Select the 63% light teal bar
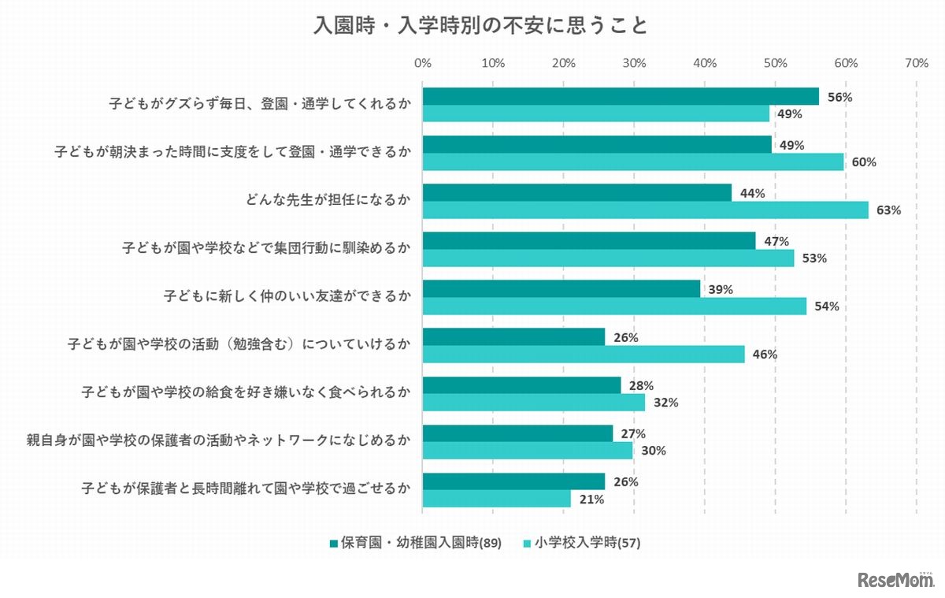click(x=645, y=210)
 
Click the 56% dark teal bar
click(x=621, y=97)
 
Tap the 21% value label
click(x=592, y=499)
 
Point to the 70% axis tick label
click(x=916, y=63)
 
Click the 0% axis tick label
click(x=422, y=63)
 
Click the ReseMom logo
click(x=895, y=579)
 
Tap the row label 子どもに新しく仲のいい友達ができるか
click(x=287, y=296)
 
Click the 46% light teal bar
click(x=584, y=355)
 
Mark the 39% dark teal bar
click(x=561, y=289)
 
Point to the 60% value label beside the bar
click(x=864, y=162)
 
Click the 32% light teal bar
click(x=533, y=403)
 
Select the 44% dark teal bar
click(x=577, y=193)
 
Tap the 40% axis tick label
click(x=704, y=63)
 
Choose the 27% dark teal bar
click(x=517, y=433)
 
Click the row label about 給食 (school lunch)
click(x=246, y=392)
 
